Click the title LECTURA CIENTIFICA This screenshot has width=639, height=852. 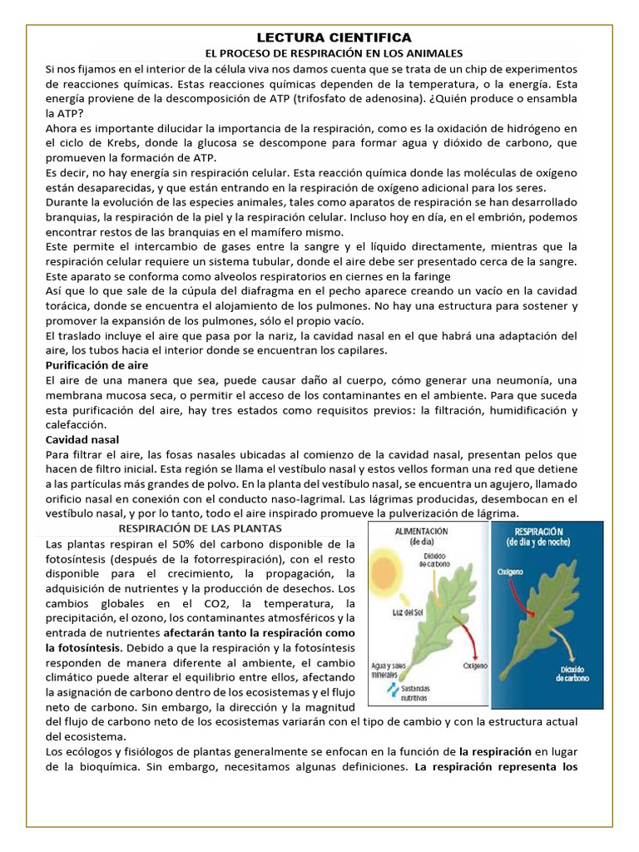[x=333, y=37]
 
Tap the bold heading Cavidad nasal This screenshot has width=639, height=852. [x=82, y=438]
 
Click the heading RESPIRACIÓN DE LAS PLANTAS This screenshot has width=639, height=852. [x=201, y=528]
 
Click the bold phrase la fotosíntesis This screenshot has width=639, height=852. [x=82, y=647]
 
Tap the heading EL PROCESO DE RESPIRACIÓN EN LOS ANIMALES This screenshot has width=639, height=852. [x=333, y=52]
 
